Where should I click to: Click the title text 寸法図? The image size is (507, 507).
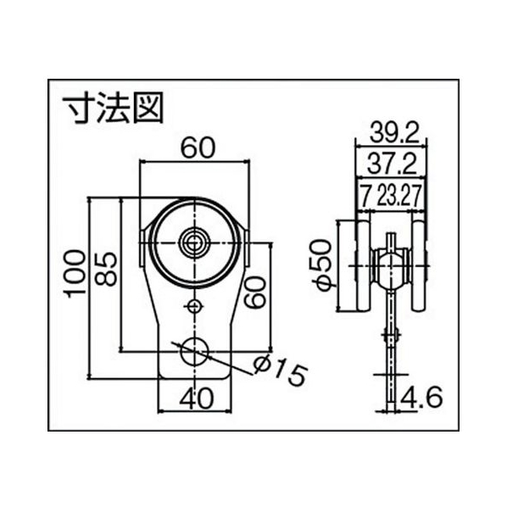click(x=113, y=108)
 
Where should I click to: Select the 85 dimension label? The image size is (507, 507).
click(x=106, y=270)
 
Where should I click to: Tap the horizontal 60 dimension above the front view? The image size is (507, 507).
click(x=198, y=148)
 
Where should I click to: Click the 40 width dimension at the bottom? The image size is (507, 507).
click(x=197, y=398)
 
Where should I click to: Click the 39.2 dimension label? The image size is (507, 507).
click(x=394, y=132)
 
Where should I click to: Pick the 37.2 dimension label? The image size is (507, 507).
click(x=393, y=164)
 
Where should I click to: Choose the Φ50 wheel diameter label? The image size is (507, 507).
click(x=321, y=265)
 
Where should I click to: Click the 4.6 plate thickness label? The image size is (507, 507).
click(x=421, y=398)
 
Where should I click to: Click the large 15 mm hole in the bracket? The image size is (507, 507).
click(x=194, y=352)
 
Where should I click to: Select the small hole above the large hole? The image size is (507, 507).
click(x=194, y=305)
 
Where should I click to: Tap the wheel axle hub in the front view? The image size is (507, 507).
click(x=194, y=242)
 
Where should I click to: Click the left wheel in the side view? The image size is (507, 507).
click(x=363, y=265)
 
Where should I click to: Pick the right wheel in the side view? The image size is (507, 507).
click(x=418, y=265)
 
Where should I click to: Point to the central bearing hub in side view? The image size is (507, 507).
click(x=391, y=265)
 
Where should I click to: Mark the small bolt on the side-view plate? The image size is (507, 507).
click(x=391, y=335)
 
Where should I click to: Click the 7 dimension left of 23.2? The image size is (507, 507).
click(x=365, y=196)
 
